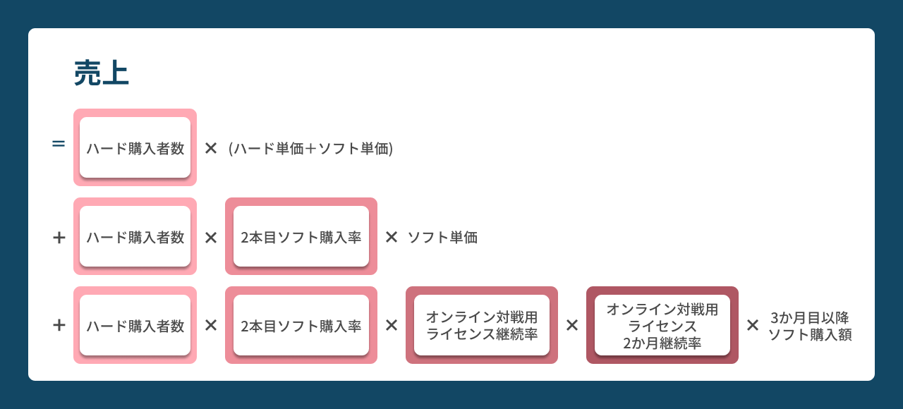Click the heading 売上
coord(101,73)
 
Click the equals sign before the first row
coord(59,143)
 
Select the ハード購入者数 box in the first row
coord(135,147)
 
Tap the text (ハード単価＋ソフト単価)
coord(310,149)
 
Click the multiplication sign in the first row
coord(211,148)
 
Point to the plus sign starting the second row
coord(59,238)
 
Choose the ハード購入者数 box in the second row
coord(135,236)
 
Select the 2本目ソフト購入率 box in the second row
coord(301,236)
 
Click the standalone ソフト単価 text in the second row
coord(442,238)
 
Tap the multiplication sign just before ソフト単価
coord(392,237)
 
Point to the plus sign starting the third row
coord(59,325)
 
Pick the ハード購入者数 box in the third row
coord(135,325)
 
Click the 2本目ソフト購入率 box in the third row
coord(301,325)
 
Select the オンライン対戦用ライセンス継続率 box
coord(482,325)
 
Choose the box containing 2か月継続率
coord(662,325)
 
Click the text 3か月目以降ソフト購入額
coord(810,326)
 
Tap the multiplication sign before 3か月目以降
coord(753,325)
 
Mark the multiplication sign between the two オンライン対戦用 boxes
coord(572,325)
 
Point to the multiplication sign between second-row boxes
coord(211,238)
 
